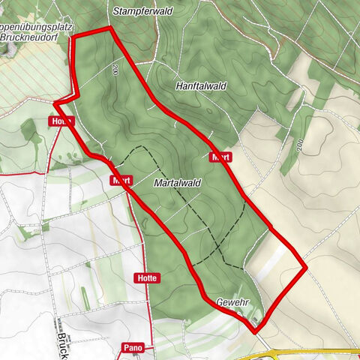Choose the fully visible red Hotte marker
148,277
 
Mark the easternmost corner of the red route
305,266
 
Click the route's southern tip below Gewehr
254,329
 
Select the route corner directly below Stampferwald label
109,28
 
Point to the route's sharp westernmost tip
55,103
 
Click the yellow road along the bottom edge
315,351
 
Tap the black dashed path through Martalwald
210,217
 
